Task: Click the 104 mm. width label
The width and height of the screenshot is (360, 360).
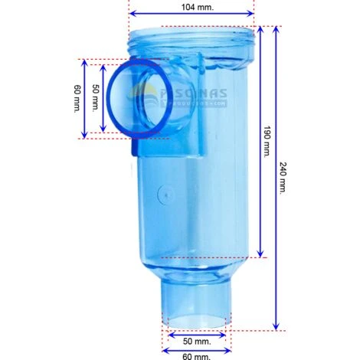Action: (x=191, y=5)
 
